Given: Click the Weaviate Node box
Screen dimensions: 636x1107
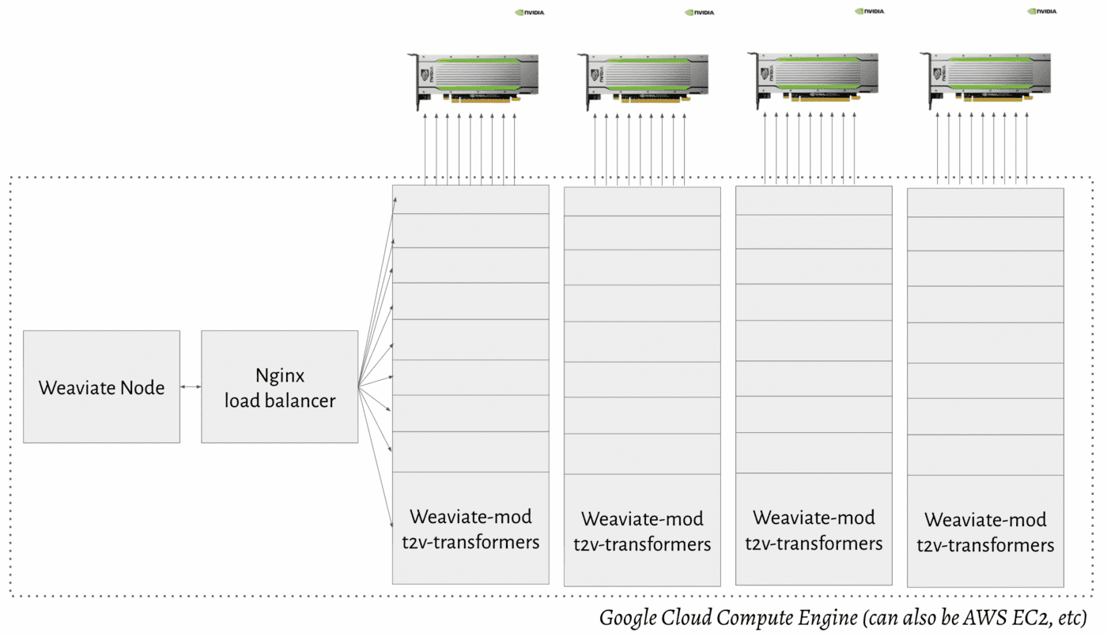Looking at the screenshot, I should [101, 387].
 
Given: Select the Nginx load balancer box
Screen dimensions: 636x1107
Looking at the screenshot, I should [280, 387].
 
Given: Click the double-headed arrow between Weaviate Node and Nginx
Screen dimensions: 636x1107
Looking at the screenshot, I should [191, 387].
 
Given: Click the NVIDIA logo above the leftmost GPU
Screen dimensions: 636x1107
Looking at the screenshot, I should [530, 13].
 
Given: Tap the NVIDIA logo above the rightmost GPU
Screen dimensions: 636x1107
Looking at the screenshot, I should [1042, 12].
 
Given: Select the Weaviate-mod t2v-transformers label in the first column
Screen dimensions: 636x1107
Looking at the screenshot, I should [470, 529].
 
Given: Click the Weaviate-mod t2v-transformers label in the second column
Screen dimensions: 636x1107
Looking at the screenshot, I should [642, 532].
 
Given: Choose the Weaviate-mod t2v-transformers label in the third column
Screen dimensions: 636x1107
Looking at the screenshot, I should [814, 530].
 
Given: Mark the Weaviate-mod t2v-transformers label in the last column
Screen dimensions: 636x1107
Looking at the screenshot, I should [985, 533].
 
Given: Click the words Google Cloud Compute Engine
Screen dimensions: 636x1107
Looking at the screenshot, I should [727, 617].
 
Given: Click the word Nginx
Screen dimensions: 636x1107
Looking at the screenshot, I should [280, 374].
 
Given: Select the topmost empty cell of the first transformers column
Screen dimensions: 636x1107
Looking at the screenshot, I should [470, 199].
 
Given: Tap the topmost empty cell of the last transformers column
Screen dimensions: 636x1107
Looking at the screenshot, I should [985, 202].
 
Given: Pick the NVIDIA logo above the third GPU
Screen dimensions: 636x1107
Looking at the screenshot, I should [869, 12].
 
